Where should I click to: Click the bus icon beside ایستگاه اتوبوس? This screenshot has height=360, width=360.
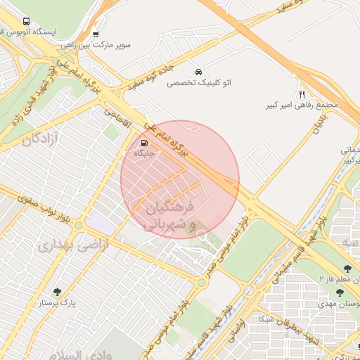tap(27, 22)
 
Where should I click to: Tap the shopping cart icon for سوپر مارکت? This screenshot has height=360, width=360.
tap(96, 34)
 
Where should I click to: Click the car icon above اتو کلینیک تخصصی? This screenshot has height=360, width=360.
tap(199, 72)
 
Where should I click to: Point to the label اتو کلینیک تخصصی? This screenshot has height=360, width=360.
tap(199, 83)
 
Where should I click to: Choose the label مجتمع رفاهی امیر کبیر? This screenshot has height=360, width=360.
tap(302, 105)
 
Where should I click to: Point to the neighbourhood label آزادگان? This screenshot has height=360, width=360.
tap(41, 139)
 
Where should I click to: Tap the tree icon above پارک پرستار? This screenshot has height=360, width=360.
tap(58, 292)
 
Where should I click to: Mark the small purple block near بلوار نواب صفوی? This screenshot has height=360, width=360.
tap(100, 225)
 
